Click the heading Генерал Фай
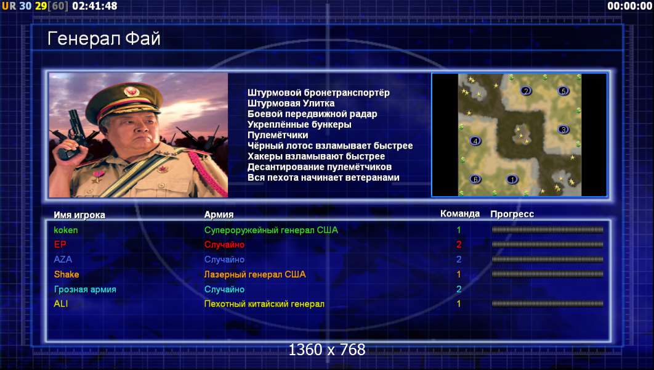click(x=104, y=39)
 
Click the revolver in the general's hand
click(x=71, y=134)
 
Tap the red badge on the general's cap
click(x=131, y=91)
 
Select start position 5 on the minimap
click(x=563, y=91)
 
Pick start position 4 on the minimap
click(x=475, y=141)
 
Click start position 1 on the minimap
click(x=512, y=179)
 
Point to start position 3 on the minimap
click(x=563, y=129)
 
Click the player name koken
click(x=65, y=230)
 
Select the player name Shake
click(x=67, y=274)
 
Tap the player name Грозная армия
click(x=85, y=289)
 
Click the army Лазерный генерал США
click(x=255, y=274)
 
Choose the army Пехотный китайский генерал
click(x=264, y=304)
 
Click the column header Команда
click(x=459, y=214)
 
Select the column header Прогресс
click(x=512, y=214)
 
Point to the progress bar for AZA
click(x=547, y=260)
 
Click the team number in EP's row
click(x=459, y=245)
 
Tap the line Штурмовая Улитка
click(x=291, y=103)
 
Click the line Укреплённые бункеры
click(x=299, y=125)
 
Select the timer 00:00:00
click(x=630, y=6)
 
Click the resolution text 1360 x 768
click(x=327, y=350)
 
